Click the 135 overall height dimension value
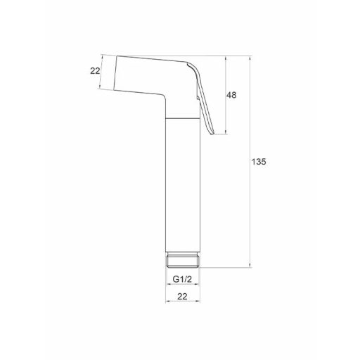point(258,161)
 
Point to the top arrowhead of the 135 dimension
point(250,57)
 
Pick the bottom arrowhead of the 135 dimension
point(250,266)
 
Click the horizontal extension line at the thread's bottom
point(225,269)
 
